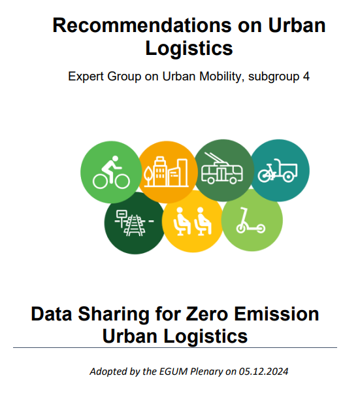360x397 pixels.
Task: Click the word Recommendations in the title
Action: pyautogui.click(x=142, y=26)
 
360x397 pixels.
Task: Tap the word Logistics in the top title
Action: pyautogui.click(x=189, y=48)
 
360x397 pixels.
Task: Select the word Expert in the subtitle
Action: pyautogui.click(x=86, y=77)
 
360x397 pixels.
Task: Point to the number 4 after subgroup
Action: pyautogui.click(x=306, y=77)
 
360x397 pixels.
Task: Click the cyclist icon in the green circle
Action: pyautogui.click(x=111, y=173)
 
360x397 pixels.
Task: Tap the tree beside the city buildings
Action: pyautogui.click(x=148, y=176)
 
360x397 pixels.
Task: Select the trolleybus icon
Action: pyautogui.click(x=222, y=168)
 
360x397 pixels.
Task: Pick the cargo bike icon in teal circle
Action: pyautogui.click(x=278, y=171)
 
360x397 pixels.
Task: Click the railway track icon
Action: pyautogui.click(x=134, y=223)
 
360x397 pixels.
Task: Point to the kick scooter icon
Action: pyautogui.click(x=250, y=220)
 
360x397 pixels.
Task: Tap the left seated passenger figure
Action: pyautogui.click(x=182, y=221)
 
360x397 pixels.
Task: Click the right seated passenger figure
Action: pyautogui.click(x=203, y=221)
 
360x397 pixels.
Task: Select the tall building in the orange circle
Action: pyautogui.click(x=160, y=171)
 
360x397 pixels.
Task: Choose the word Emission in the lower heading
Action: pyautogui.click(x=276, y=314)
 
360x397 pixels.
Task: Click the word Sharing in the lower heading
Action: pyautogui.click(x=114, y=315)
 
